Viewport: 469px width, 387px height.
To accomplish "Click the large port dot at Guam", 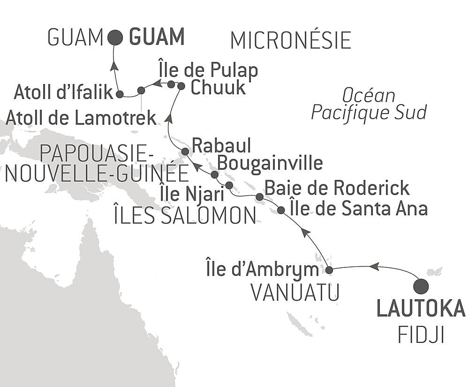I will (115, 38).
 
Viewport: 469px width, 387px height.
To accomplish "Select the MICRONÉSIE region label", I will (291, 41).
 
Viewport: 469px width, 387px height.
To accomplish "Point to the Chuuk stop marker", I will (181, 86).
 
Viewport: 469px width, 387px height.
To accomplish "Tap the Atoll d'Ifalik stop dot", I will (120, 94).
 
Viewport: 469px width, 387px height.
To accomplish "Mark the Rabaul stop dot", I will (185, 152).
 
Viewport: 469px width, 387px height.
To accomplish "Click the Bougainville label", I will (271, 163).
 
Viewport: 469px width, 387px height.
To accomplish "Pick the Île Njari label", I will (182, 193).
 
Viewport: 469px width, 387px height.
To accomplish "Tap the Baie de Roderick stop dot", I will (259, 196).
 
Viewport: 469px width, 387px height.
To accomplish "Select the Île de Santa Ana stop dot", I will (280, 210).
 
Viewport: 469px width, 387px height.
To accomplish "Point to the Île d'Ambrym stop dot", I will (329, 270).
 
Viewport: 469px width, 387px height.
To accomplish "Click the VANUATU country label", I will (295, 293).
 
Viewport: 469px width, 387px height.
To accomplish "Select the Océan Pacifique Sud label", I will (369, 104).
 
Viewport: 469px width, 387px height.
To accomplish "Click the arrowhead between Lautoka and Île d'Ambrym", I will (374, 266).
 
